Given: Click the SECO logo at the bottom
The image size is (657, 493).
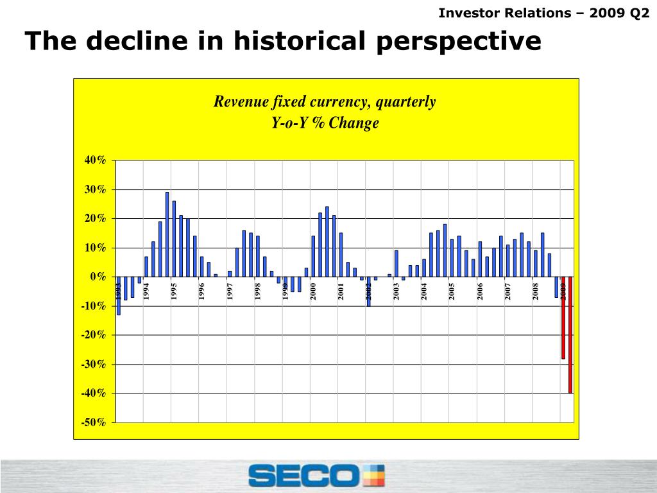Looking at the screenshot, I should coord(316,476).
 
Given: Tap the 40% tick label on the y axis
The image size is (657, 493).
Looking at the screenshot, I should coord(95,160).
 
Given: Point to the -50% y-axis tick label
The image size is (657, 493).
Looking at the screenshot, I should coord(93,422).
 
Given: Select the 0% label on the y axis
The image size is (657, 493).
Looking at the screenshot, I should coord(98,277).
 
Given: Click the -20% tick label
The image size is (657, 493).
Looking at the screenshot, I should coord(93,335).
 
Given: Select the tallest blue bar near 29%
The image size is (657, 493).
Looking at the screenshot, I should coord(167,234).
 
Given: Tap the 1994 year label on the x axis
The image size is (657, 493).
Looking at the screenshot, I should coord(146,291).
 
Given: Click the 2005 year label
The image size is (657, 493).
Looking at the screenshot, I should coord(452,291).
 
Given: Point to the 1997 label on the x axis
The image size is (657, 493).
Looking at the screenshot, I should coord(230,291).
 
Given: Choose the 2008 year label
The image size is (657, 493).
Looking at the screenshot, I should coord(535,291).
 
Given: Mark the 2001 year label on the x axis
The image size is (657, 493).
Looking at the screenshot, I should coord(341,291).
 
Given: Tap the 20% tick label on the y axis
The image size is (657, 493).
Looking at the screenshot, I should coord(95,218).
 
